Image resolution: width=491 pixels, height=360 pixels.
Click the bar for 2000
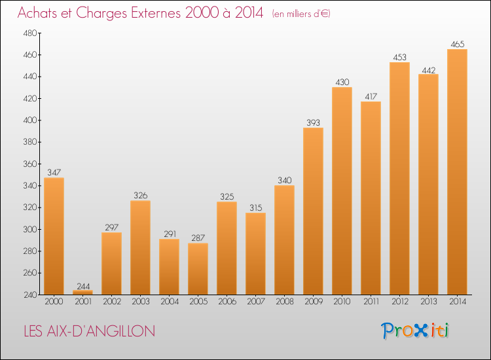point(54,236)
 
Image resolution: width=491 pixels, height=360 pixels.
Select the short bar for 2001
point(82,293)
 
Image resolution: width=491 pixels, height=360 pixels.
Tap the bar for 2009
point(313,211)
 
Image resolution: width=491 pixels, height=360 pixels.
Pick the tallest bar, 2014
point(457,172)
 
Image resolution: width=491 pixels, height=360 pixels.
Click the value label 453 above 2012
point(399,58)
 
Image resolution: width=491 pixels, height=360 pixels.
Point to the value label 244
point(83,287)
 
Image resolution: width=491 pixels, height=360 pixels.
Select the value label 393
point(313,122)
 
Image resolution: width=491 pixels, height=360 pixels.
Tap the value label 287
point(198,238)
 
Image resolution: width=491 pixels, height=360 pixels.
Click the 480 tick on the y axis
point(30,33)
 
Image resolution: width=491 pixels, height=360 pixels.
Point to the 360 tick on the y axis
point(30,164)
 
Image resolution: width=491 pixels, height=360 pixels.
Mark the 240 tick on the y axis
point(30,295)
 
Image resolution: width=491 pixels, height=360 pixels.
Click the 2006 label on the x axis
point(227,302)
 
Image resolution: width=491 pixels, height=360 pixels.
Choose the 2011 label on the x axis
point(371,302)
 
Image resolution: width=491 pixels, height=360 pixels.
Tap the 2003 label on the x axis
point(141,302)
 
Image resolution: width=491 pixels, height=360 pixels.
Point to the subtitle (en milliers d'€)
point(301,14)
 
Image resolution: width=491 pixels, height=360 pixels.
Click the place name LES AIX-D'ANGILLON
point(90,331)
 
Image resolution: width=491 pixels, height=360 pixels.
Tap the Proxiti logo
point(415,331)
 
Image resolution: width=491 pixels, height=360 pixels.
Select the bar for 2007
point(255,253)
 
